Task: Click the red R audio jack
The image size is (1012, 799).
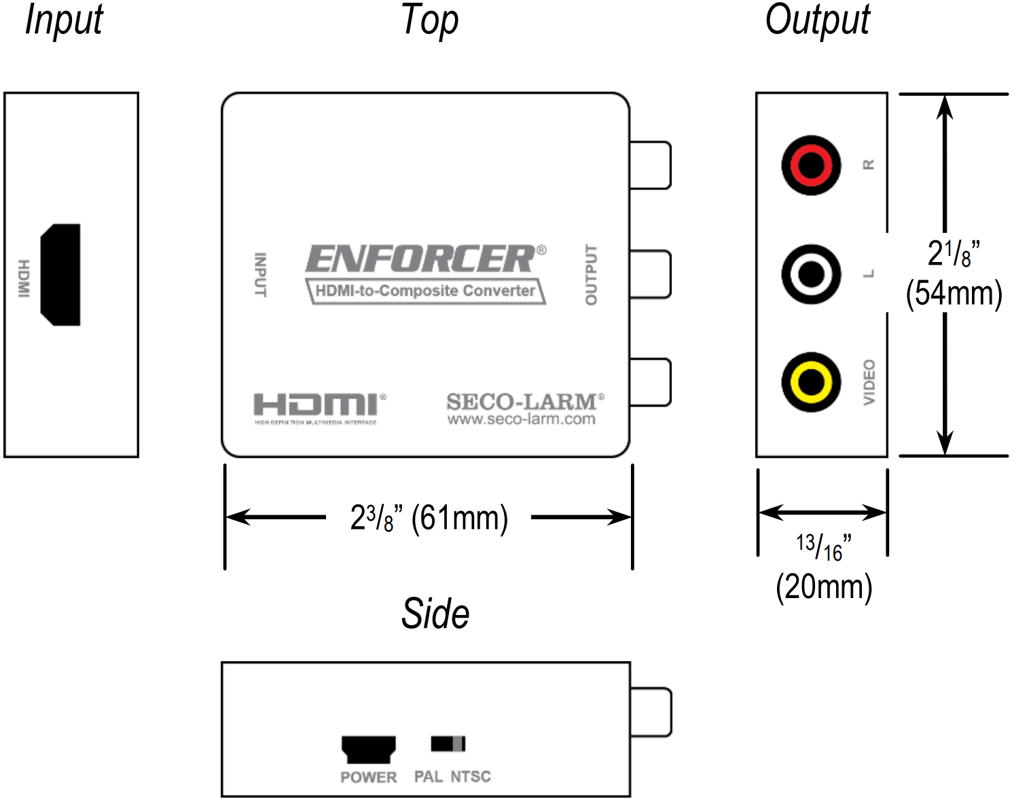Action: (x=811, y=165)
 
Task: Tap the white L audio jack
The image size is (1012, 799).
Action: (x=811, y=274)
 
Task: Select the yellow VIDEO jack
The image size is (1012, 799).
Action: (x=811, y=382)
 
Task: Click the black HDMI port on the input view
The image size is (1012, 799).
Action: (x=61, y=274)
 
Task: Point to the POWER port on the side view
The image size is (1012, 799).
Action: (x=368, y=749)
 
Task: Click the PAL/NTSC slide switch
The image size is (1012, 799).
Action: (x=448, y=744)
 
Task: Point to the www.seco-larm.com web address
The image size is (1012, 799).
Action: (x=521, y=420)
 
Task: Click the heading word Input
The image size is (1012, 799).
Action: (x=64, y=20)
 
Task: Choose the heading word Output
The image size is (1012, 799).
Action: (x=817, y=20)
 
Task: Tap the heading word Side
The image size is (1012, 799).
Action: (x=435, y=614)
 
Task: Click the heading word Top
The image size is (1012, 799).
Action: (x=429, y=20)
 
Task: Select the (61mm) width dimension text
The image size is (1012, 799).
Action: (x=460, y=518)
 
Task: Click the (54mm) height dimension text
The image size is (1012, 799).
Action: (x=954, y=294)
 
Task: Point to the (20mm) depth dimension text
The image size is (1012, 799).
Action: (x=824, y=587)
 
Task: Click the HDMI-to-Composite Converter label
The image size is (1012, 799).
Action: (x=426, y=291)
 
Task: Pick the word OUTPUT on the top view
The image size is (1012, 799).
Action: (x=591, y=274)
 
